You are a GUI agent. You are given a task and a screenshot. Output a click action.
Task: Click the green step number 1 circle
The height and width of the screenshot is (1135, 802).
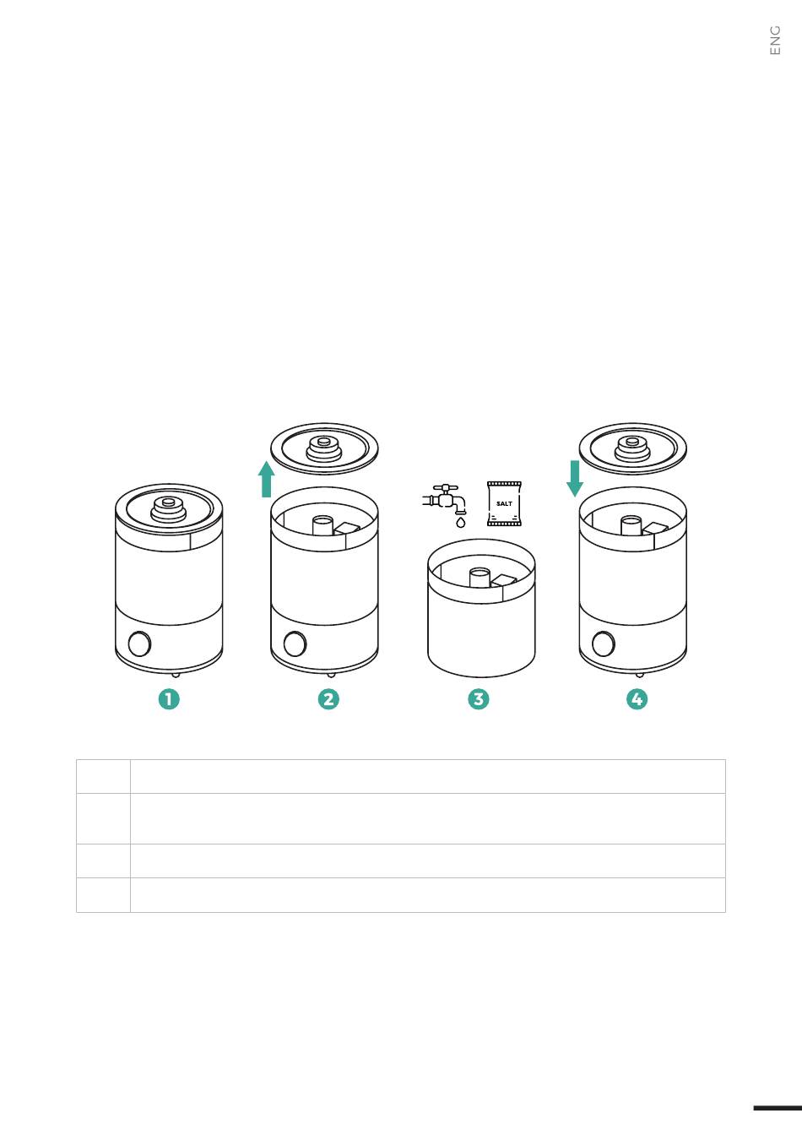click(x=169, y=699)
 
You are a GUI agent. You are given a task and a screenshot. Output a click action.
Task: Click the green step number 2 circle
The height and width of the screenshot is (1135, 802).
click(x=328, y=699)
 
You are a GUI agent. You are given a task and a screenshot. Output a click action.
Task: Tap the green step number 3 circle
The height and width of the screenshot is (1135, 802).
click(x=479, y=699)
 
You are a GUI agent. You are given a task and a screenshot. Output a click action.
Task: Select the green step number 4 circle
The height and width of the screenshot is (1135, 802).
click(x=637, y=699)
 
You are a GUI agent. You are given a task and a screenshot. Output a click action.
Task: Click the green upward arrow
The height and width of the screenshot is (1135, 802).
click(x=267, y=480)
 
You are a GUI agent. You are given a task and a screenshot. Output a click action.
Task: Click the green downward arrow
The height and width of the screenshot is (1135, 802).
click(x=575, y=479)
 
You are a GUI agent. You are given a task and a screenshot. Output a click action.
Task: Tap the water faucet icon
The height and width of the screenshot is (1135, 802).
click(x=444, y=499)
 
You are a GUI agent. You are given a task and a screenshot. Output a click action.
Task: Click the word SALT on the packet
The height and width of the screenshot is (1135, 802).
click(x=504, y=503)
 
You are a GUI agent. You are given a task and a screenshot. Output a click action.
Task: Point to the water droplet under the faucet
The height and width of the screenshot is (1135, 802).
click(x=461, y=522)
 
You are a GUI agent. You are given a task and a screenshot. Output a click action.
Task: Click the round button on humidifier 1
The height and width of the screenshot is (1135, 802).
click(x=139, y=644)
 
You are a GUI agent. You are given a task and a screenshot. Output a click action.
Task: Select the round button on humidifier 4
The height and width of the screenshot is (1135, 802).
click(x=603, y=644)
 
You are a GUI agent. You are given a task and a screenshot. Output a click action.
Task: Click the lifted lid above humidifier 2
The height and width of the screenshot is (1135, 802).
click(x=324, y=449)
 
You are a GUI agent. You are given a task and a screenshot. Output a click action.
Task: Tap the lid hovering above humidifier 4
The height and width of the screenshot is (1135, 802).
click(x=633, y=449)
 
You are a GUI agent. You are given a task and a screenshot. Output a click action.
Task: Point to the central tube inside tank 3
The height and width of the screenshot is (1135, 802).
click(x=480, y=578)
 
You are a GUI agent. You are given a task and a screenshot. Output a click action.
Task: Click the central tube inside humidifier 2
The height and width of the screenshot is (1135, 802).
click(x=323, y=525)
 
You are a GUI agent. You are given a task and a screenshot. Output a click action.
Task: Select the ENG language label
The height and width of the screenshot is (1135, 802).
click(x=775, y=41)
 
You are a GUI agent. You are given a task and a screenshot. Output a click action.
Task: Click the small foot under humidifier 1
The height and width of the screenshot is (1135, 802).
click(x=176, y=675)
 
